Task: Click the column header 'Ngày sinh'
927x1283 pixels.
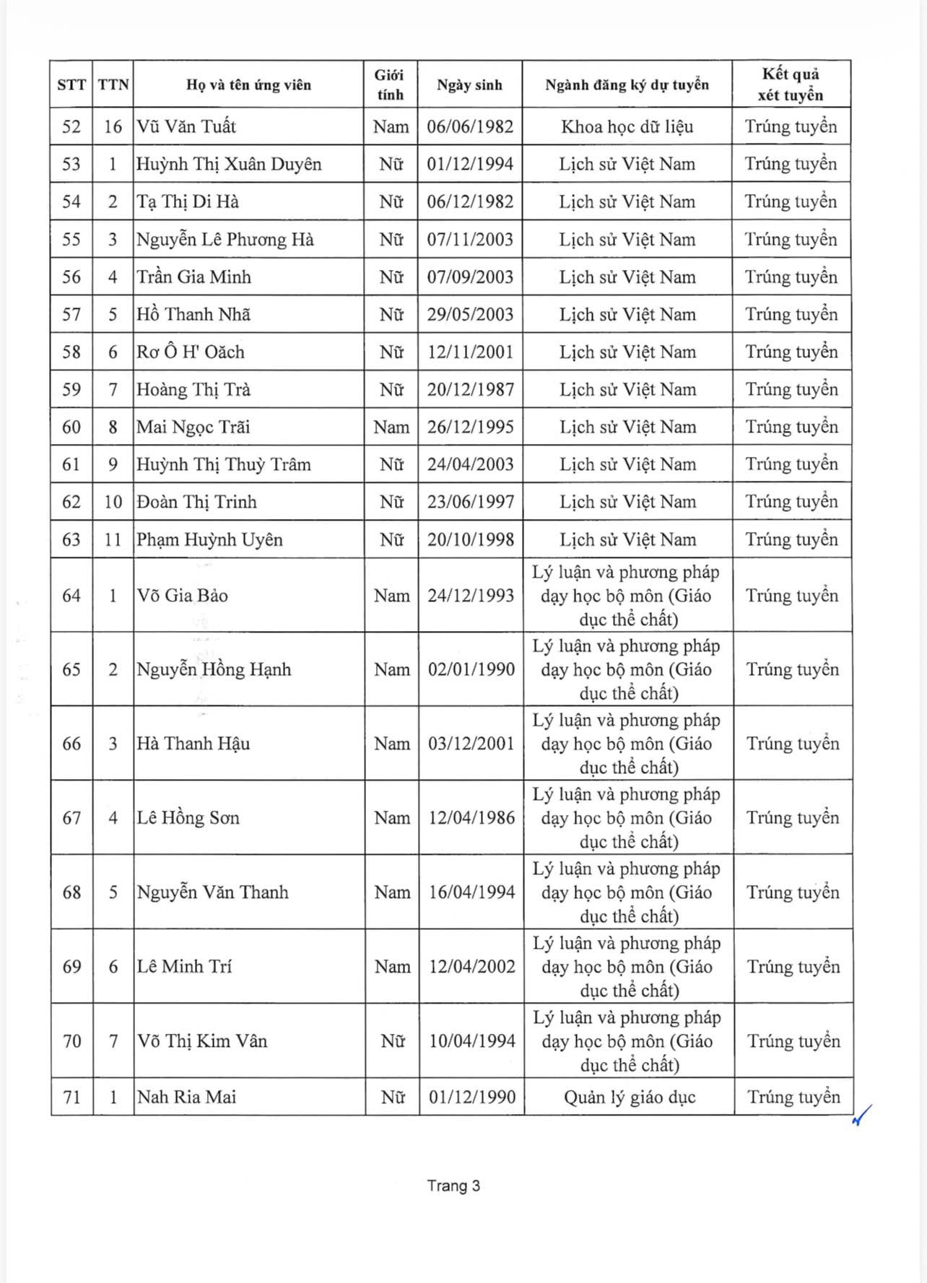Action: click(x=469, y=85)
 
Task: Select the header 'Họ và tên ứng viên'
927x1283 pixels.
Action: click(x=248, y=85)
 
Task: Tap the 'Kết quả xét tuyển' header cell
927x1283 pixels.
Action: click(x=791, y=84)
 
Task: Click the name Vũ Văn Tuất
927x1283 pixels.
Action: click(x=186, y=127)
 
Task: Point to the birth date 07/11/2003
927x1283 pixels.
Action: click(x=470, y=240)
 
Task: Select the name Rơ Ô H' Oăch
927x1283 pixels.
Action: click(x=191, y=352)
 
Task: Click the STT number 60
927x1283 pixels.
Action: click(x=71, y=427)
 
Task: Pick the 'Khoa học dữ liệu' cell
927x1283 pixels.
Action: click(x=627, y=127)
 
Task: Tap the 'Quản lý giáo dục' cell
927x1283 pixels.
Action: click(x=629, y=1097)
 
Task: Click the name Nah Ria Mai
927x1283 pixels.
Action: click(x=186, y=1097)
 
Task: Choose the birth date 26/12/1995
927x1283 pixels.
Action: click(x=470, y=427)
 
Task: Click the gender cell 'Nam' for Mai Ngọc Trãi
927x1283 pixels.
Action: click(x=391, y=427)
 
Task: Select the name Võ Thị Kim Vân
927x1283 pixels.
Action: click(x=202, y=1041)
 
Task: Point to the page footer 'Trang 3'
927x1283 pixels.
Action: click(x=453, y=1186)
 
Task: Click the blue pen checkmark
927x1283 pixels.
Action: click(x=861, y=1115)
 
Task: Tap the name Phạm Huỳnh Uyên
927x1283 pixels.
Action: click(x=209, y=540)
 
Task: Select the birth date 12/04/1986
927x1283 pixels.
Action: click(x=471, y=818)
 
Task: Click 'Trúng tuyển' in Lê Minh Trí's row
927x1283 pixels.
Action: click(x=793, y=967)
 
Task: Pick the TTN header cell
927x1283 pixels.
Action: click(x=113, y=85)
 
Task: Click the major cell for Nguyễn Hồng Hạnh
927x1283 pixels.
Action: click(x=627, y=670)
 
